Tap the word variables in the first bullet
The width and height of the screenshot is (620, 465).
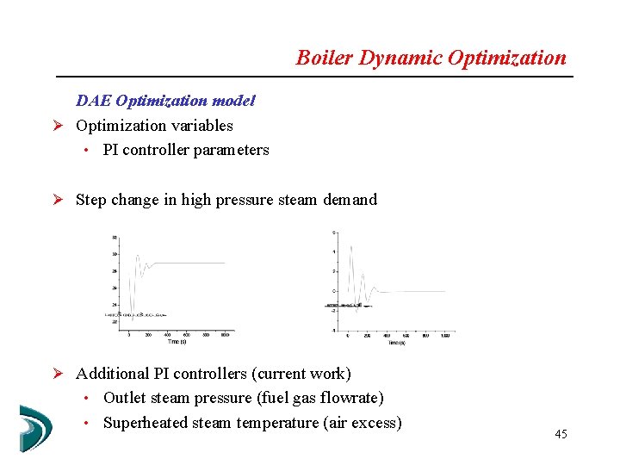pos(202,126)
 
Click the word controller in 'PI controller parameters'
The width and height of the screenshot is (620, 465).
pos(156,150)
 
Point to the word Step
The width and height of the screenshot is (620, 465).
pos(91,200)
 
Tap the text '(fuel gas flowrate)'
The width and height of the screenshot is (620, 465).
pos(322,398)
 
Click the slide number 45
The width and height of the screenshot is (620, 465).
pos(561,434)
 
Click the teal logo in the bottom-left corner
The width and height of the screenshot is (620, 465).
pos(35,427)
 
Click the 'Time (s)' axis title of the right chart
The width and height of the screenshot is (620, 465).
pos(396,342)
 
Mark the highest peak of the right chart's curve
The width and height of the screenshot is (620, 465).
pos(350,246)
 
